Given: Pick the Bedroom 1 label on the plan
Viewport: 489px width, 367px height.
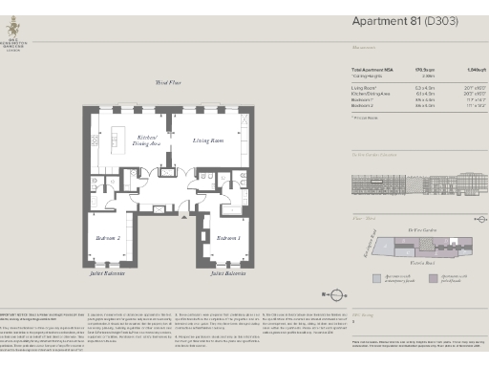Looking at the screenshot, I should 228,237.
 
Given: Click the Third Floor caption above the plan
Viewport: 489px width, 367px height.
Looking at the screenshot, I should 168,83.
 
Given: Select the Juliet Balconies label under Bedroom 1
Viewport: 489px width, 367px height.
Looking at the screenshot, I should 228,274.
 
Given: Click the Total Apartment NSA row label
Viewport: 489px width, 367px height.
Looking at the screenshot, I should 374,70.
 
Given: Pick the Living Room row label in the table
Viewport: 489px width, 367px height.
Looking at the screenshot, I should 364,86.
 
